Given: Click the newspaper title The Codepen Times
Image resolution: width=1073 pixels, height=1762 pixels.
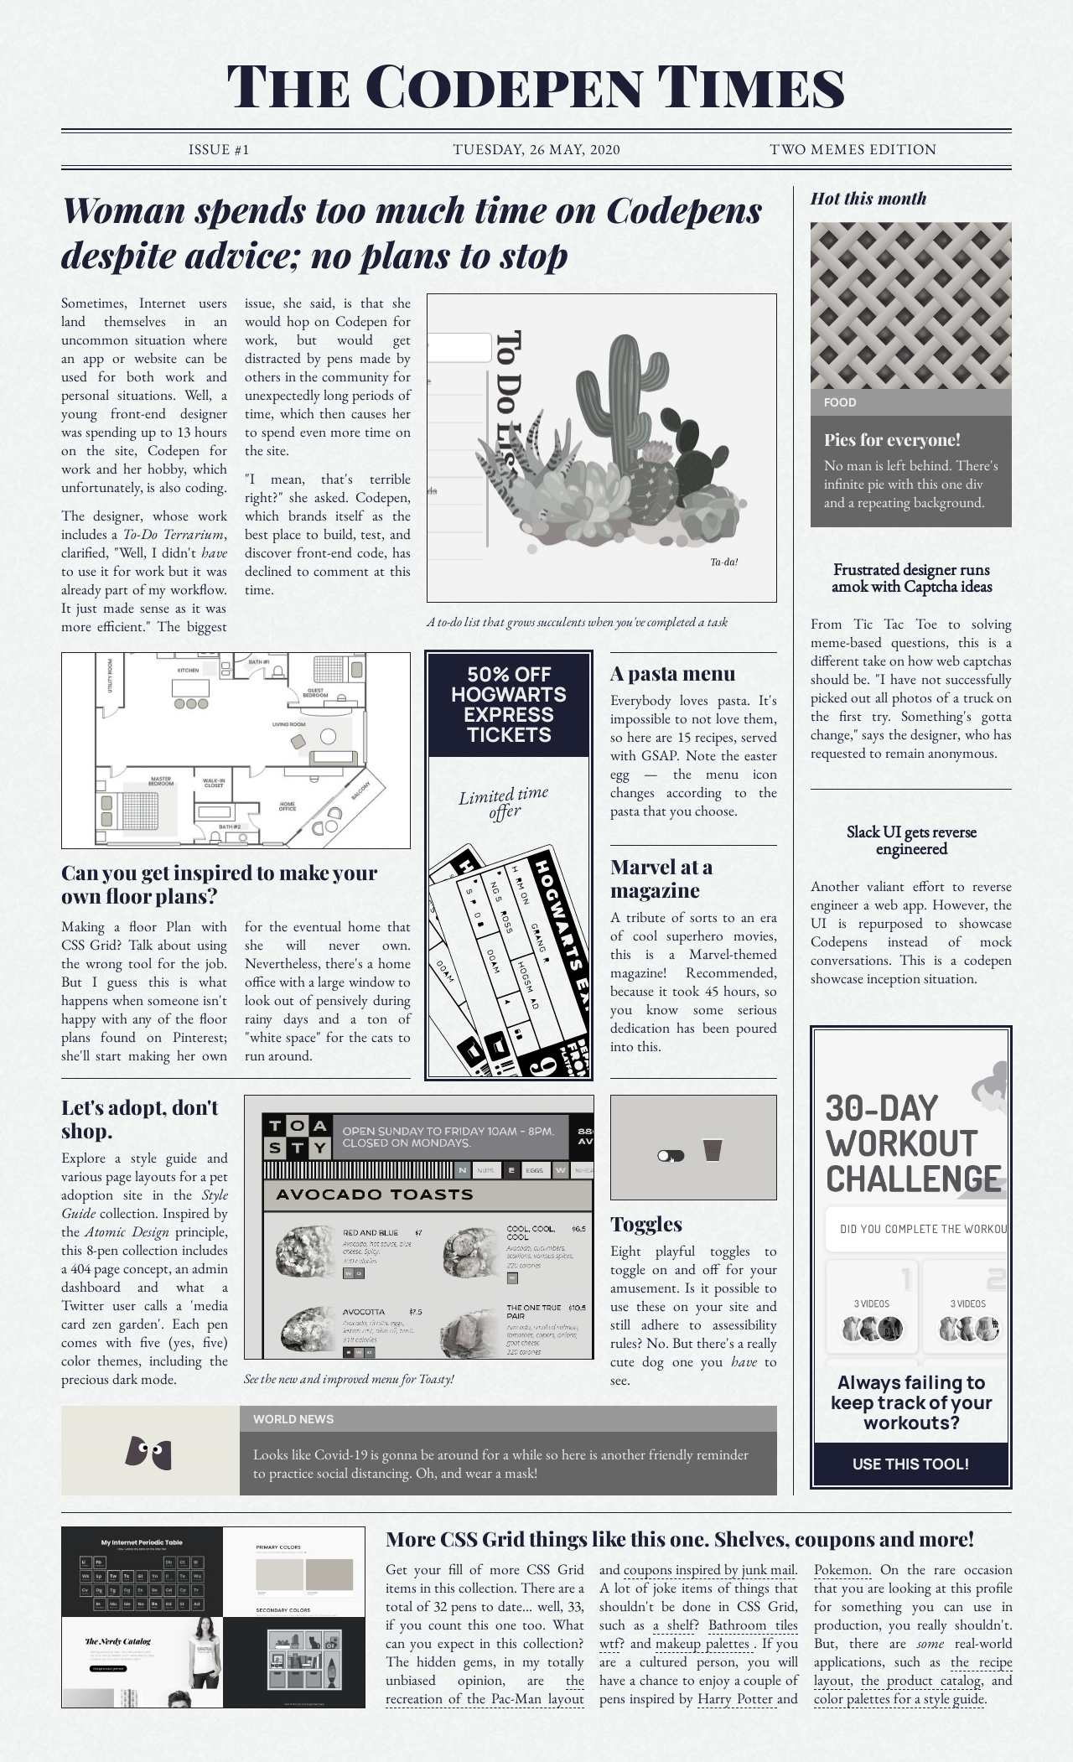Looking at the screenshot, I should (536, 86).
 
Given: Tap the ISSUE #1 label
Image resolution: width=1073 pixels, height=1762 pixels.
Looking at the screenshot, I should (219, 150).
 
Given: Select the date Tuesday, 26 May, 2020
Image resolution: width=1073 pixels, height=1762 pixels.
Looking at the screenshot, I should (536, 150).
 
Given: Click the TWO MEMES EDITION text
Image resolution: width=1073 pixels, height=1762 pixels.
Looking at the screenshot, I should (853, 150).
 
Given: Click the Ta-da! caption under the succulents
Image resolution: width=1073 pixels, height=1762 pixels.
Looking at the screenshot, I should (724, 562).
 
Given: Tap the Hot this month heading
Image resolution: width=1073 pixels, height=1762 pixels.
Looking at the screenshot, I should (868, 199).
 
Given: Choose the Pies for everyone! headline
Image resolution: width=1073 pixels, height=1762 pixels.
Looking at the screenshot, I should (892, 440).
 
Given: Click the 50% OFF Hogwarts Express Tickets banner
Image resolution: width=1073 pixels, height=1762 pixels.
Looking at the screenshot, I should (509, 705).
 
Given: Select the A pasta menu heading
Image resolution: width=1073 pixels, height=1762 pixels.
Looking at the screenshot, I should (672, 674).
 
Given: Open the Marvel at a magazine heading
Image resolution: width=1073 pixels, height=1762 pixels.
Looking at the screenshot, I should (661, 878).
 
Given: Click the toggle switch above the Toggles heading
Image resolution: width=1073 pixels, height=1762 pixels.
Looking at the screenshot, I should (671, 1156).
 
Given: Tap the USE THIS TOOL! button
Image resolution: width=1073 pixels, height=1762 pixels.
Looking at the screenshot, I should (910, 1464).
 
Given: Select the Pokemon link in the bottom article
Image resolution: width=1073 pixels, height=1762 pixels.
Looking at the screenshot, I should (842, 1570).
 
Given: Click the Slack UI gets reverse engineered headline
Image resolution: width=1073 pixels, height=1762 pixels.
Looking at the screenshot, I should (911, 841).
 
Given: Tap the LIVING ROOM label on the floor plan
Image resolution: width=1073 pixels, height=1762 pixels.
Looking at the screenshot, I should (288, 724).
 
